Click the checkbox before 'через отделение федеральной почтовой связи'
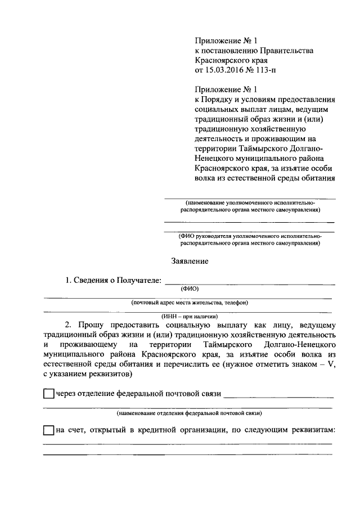pos(49,394)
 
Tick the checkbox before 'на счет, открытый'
pos(49,431)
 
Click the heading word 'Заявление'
pos(190,261)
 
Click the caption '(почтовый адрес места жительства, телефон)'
pos(189,303)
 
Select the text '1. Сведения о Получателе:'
pos(112,280)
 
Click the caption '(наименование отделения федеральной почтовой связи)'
pos(188,413)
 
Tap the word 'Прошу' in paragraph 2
pos(90,325)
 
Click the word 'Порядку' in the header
pos(218,98)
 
